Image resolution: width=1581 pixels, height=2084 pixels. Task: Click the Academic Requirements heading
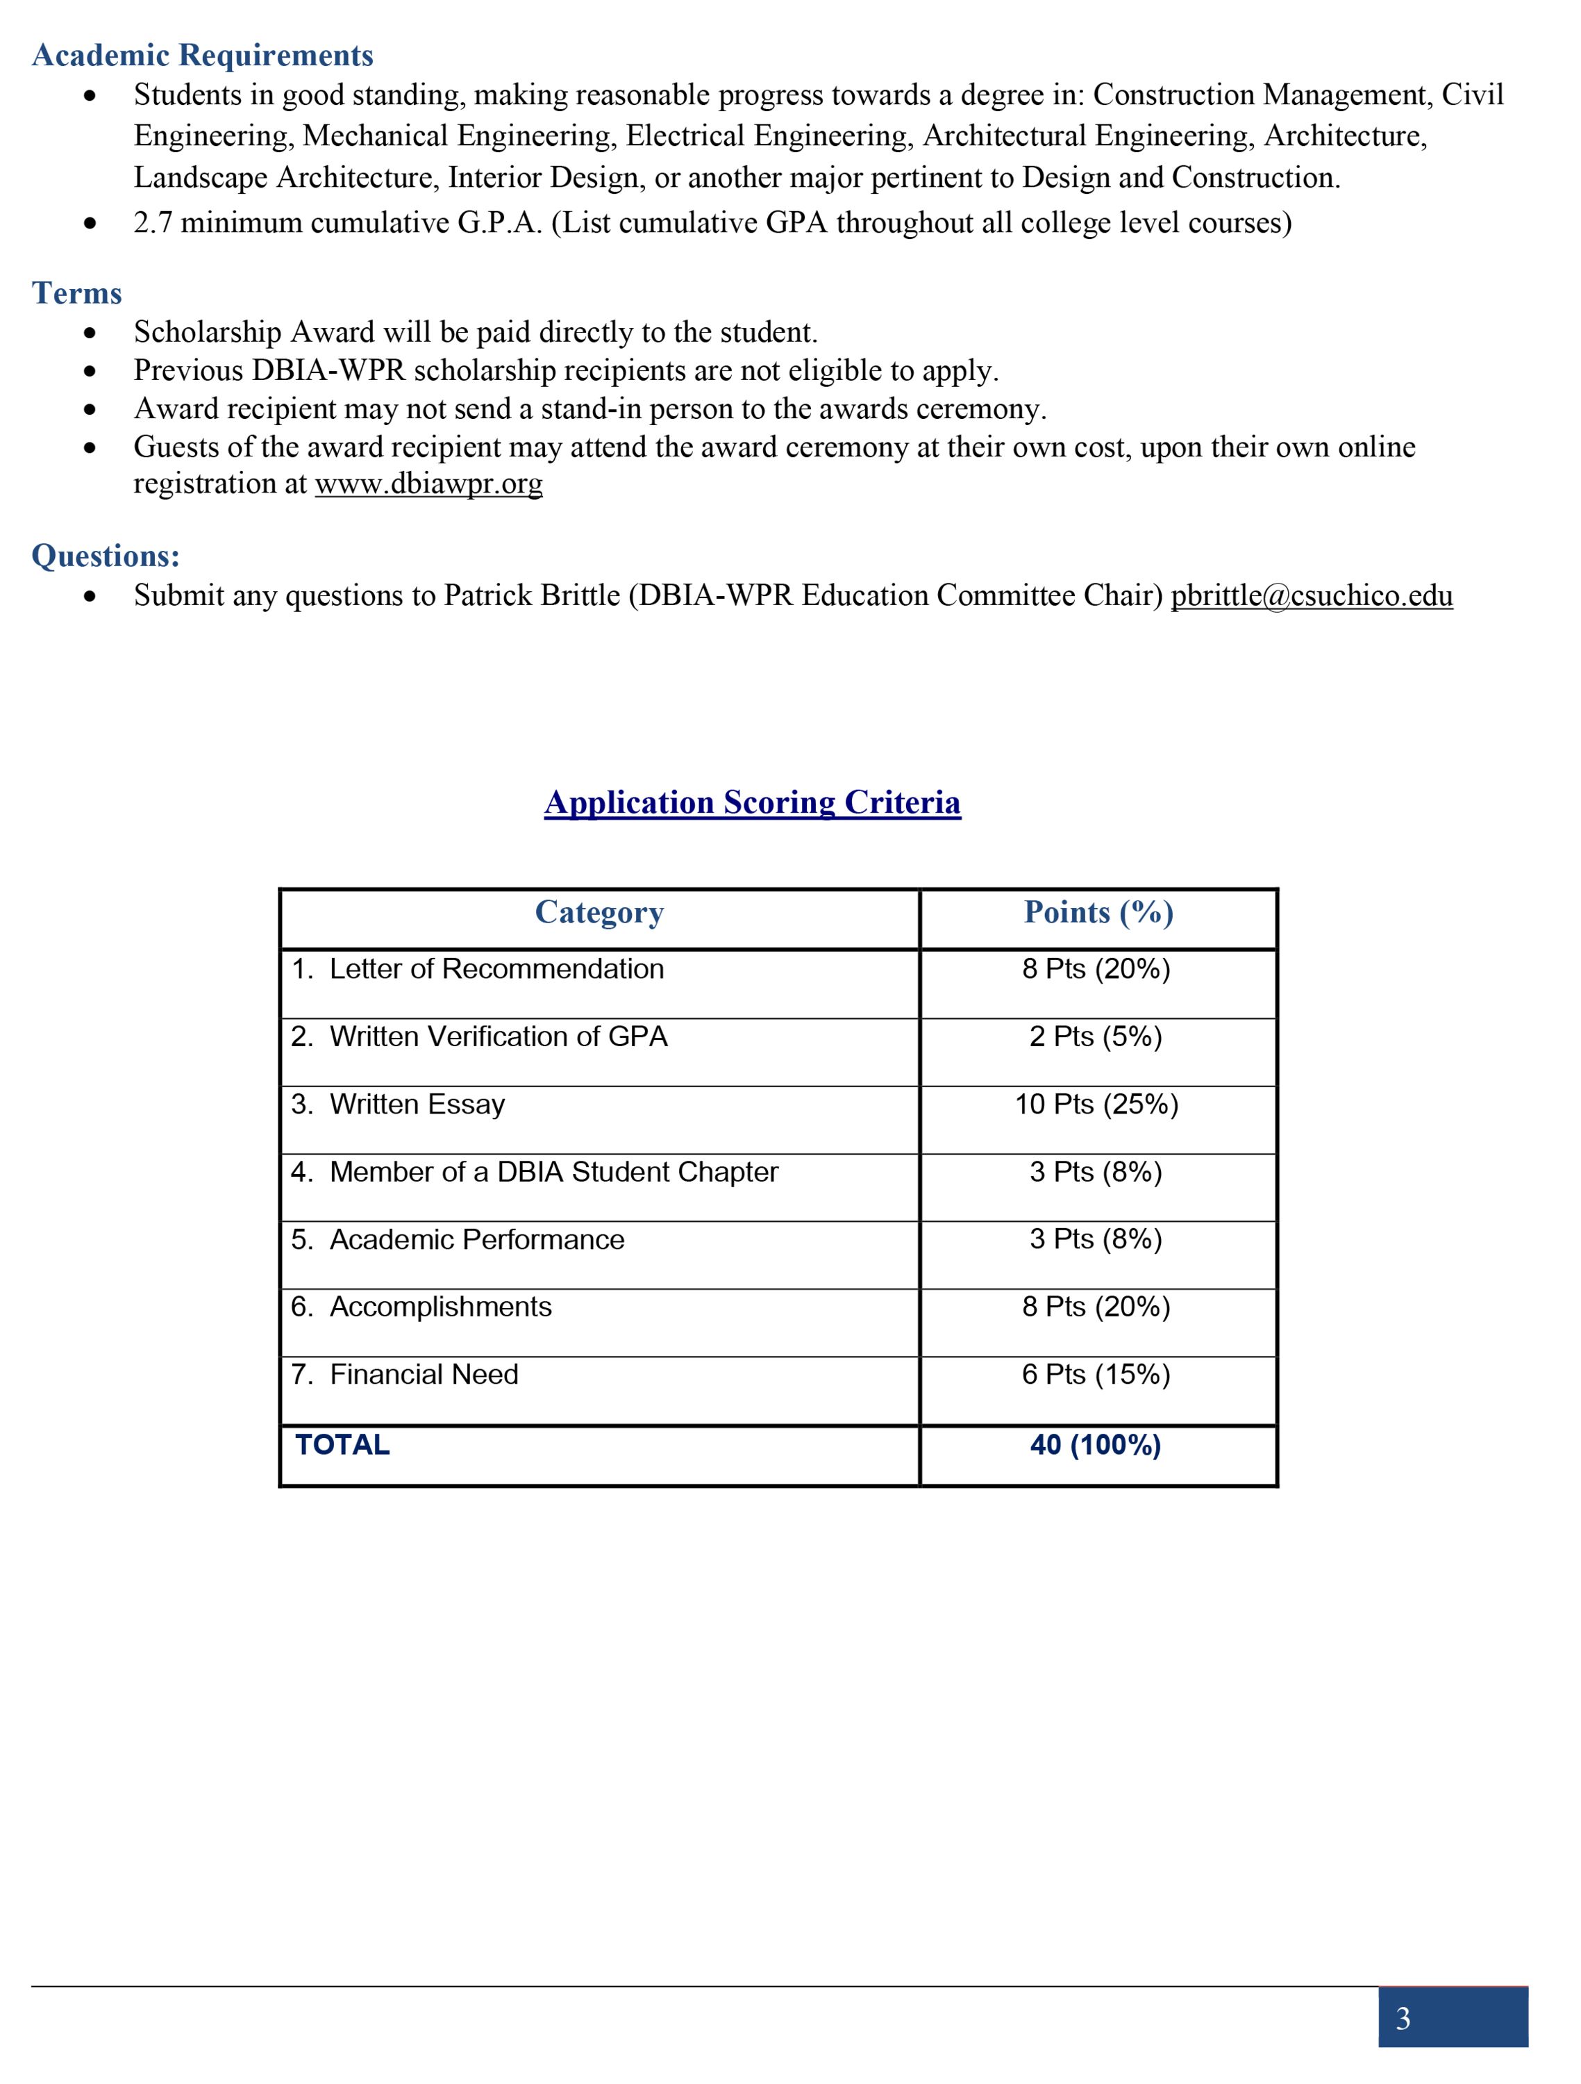(203, 56)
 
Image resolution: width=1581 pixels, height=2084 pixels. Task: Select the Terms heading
(77, 293)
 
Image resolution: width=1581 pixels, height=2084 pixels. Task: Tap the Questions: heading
(106, 556)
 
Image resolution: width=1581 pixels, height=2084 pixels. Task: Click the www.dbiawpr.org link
(428, 484)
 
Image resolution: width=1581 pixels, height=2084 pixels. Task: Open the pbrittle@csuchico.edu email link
(1311, 596)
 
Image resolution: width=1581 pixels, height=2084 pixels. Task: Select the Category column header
(599, 912)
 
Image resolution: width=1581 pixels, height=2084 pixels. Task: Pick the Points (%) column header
(1098, 912)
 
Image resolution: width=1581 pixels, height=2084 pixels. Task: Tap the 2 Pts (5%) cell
(1096, 1036)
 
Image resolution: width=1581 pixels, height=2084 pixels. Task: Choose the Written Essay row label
(417, 1105)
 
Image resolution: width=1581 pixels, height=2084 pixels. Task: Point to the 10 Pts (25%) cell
(1096, 1105)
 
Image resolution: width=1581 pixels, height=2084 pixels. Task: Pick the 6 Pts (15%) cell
(1096, 1375)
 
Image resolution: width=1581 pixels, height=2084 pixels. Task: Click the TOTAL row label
(343, 1445)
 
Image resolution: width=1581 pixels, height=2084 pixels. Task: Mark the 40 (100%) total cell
(1096, 1445)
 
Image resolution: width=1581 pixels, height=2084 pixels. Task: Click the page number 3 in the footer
(1403, 2018)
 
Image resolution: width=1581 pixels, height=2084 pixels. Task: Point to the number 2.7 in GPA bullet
(153, 223)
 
